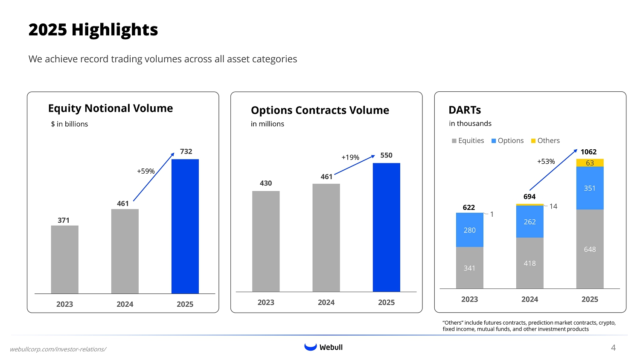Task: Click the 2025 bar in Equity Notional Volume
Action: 185,226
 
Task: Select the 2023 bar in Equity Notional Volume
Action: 64,259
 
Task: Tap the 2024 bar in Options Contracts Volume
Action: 326,238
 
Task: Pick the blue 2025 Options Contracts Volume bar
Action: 386,227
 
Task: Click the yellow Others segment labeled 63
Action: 590,163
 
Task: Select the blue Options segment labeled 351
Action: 590,188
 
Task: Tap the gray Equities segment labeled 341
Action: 469,268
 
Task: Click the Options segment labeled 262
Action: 529,222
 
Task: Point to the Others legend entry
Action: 545,141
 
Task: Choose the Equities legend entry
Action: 468,141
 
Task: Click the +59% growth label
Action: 145,171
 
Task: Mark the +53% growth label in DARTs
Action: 546,162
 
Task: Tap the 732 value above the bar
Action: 186,151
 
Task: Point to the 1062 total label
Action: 588,152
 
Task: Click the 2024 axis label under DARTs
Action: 529,299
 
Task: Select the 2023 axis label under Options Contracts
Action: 266,302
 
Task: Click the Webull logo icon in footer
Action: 311,347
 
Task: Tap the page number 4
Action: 613,348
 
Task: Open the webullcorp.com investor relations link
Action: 58,349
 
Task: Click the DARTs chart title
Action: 465,110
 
